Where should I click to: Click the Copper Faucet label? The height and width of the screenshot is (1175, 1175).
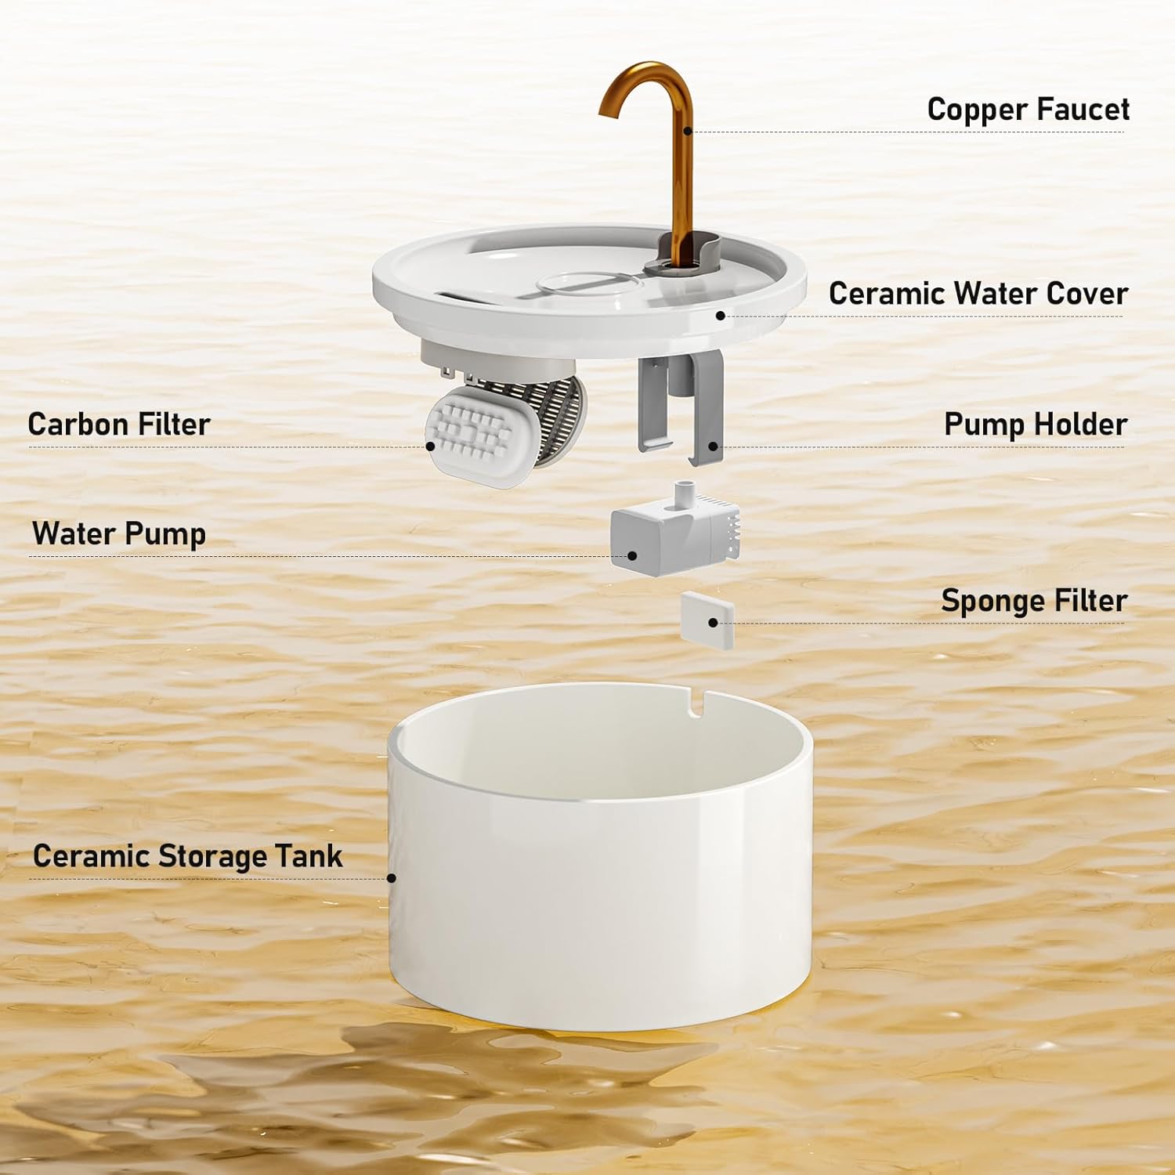(1028, 110)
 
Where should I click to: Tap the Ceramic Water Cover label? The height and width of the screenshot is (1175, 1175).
(978, 294)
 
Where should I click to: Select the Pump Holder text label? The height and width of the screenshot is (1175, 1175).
(1035, 425)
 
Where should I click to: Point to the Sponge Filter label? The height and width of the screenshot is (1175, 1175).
(1033, 601)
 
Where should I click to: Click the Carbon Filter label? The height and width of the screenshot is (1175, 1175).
(119, 425)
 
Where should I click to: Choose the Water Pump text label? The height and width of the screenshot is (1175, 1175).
(119, 533)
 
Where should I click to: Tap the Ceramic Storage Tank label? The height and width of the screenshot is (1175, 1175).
(187, 856)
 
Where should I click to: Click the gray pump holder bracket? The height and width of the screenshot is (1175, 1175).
(680, 407)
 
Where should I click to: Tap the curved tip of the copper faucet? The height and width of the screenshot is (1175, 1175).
(609, 110)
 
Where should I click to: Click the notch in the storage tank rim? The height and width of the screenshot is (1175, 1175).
(695, 703)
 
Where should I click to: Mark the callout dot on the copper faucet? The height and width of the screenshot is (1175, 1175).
(688, 131)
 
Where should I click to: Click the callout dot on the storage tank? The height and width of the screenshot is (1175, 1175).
(392, 878)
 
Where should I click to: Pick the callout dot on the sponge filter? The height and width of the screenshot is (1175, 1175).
(713, 623)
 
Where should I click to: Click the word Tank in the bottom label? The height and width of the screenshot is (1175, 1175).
(313, 856)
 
